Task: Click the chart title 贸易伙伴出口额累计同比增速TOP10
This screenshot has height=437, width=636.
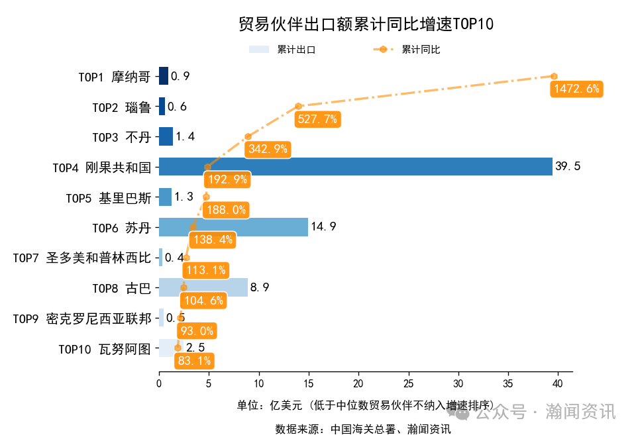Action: (366, 24)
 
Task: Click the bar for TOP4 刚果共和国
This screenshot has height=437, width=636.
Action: (355, 166)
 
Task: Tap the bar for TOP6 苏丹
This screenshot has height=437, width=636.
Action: (233, 227)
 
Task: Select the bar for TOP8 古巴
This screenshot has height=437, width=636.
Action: (203, 287)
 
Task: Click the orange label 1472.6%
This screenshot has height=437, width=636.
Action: (576, 89)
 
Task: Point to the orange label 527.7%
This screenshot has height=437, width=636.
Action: (317, 119)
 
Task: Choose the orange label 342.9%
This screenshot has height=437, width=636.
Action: (268, 150)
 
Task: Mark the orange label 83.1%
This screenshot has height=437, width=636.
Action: (194, 361)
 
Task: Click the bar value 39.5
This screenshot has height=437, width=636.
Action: (568, 166)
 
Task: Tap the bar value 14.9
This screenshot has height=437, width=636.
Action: (323, 227)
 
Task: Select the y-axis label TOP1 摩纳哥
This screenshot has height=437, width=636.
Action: (114, 76)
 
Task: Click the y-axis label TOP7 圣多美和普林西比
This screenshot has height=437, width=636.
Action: (81, 258)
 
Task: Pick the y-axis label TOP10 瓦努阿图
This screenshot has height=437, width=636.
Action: (105, 348)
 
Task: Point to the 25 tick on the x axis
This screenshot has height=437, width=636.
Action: (408, 383)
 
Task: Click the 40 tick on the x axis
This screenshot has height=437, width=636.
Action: (557, 383)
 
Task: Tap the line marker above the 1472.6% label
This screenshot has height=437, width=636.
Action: (554, 76)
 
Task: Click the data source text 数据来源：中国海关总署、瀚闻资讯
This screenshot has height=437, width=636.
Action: (363, 429)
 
